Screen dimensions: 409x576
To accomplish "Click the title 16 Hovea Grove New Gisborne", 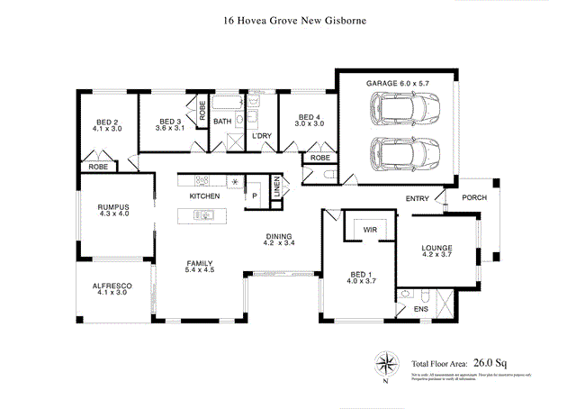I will click(x=287, y=17).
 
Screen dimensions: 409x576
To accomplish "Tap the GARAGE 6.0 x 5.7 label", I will click(x=397, y=84).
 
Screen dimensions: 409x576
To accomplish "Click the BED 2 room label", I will click(x=107, y=125).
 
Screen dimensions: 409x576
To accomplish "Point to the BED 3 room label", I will click(x=169, y=125).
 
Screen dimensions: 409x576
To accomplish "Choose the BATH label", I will click(x=222, y=121).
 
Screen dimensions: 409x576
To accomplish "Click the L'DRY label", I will click(x=262, y=136).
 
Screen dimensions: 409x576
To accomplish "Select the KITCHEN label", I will click(x=204, y=195).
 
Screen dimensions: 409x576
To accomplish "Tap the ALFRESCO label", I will click(x=112, y=289).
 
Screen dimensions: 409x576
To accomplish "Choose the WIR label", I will click(x=370, y=230).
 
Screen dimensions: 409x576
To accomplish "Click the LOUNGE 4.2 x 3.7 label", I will click(x=436, y=251).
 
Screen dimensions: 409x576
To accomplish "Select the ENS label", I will click(x=421, y=310).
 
